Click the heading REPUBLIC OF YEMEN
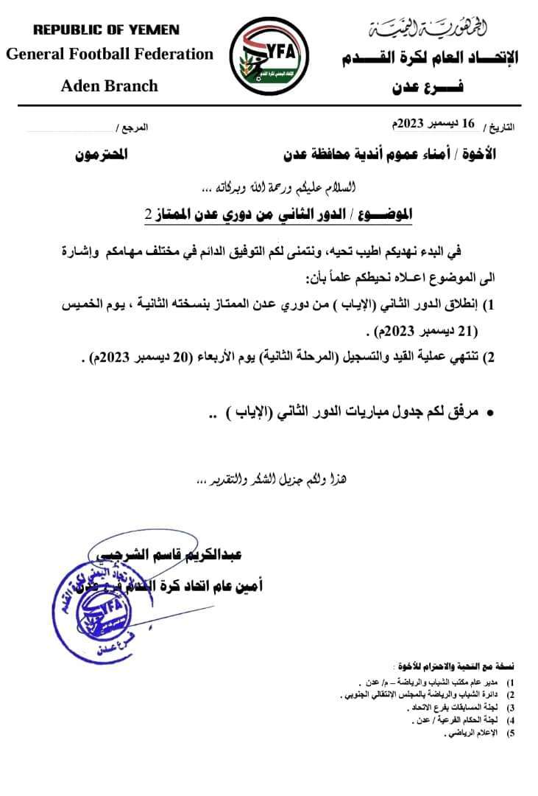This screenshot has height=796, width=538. click(107, 30)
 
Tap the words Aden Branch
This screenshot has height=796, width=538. click(109, 85)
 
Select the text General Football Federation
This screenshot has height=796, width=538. click(110, 54)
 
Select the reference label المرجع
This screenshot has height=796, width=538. click(133, 128)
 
